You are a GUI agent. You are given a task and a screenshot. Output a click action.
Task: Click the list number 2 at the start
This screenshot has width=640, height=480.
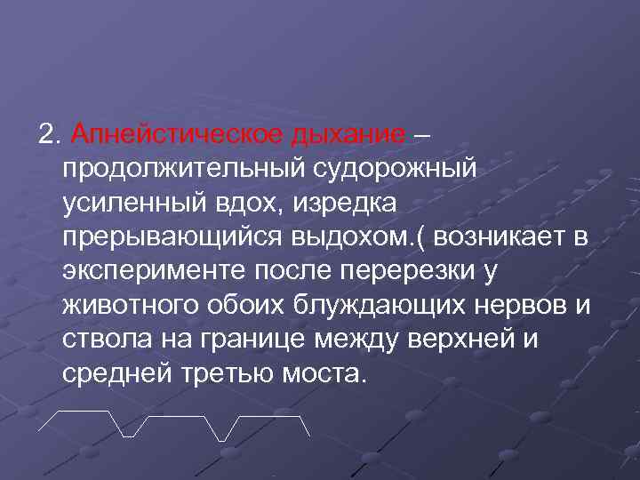(47, 135)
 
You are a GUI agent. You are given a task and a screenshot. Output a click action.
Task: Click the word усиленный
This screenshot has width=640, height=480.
(133, 204)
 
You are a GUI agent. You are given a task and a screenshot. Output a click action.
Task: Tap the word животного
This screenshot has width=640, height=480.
(127, 306)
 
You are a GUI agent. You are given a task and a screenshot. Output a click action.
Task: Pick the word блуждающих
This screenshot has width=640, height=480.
(373, 306)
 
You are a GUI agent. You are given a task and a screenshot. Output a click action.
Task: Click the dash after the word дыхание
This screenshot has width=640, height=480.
(421, 135)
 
